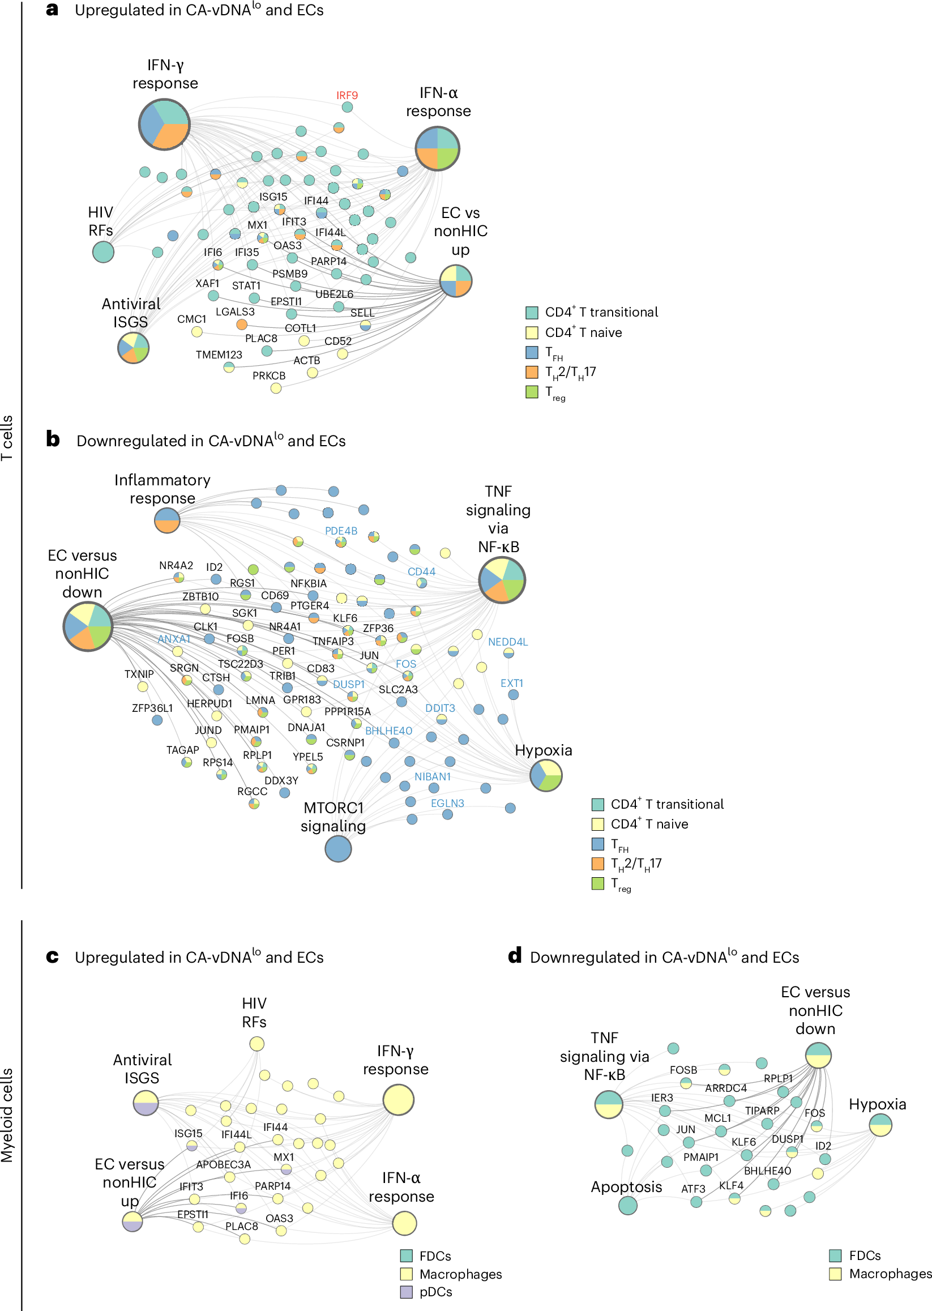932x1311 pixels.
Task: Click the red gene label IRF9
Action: (x=347, y=95)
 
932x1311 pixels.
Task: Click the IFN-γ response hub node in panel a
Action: (x=164, y=125)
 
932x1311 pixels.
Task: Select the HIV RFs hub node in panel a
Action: (x=103, y=252)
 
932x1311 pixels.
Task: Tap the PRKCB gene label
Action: (x=268, y=376)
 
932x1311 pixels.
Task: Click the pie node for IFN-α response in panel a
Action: (x=437, y=149)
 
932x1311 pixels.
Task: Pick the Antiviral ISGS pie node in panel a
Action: (x=133, y=348)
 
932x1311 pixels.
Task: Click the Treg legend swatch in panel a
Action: (x=532, y=392)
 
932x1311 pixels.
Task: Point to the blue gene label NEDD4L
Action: (x=507, y=642)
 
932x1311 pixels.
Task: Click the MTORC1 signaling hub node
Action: (x=338, y=849)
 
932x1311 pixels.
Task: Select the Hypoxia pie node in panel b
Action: (x=546, y=775)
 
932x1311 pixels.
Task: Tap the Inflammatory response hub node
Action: (x=167, y=520)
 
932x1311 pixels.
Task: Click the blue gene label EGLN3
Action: (x=447, y=804)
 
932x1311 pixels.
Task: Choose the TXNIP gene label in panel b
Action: (x=139, y=674)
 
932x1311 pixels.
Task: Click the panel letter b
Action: (x=53, y=439)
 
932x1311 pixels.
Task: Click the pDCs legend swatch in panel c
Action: (x=407, y=1293)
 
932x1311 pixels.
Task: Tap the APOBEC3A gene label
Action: (x=223, y=1165)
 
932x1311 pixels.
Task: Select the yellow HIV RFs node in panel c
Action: (x=256, y=1044)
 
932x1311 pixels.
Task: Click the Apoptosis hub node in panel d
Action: (x=627, y=1206)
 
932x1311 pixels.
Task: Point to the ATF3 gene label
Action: (x=692, y=1189)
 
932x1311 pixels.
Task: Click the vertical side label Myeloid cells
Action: (x=7, y=1115)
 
